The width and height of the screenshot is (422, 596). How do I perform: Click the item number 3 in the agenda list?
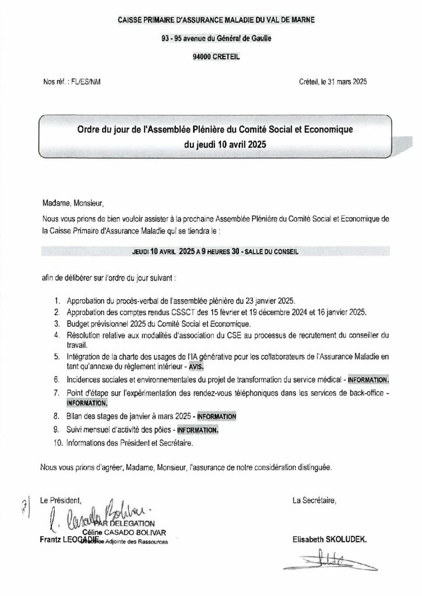[57, 324]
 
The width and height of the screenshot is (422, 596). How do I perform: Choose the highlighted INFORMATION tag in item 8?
[216, 417]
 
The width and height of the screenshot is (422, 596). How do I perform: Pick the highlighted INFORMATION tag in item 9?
[198, 430]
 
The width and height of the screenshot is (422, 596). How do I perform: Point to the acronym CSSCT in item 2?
[173, 313]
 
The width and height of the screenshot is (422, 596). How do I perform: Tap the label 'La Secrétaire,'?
[314, 500]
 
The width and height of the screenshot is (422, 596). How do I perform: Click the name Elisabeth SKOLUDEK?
[330, 540]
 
